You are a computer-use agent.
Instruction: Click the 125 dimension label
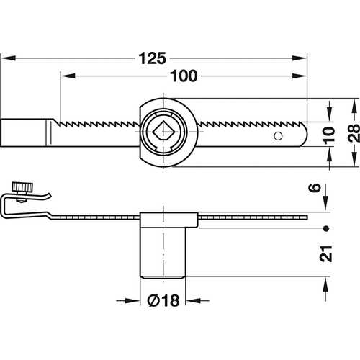(x=153, y=58)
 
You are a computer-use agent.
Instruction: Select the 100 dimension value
(x=184, y=76)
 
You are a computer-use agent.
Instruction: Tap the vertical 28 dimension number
(x=354, y=132)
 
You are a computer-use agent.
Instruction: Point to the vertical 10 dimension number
(x=329, y=135)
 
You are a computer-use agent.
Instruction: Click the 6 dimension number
(x=315, y=187)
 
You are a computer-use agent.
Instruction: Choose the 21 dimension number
(x=326, y=253)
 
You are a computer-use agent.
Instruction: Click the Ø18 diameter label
(x=163, y=300)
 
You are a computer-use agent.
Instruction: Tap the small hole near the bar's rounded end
(x=278, y=136)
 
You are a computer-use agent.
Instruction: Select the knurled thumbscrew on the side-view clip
(x=22, y=187)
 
